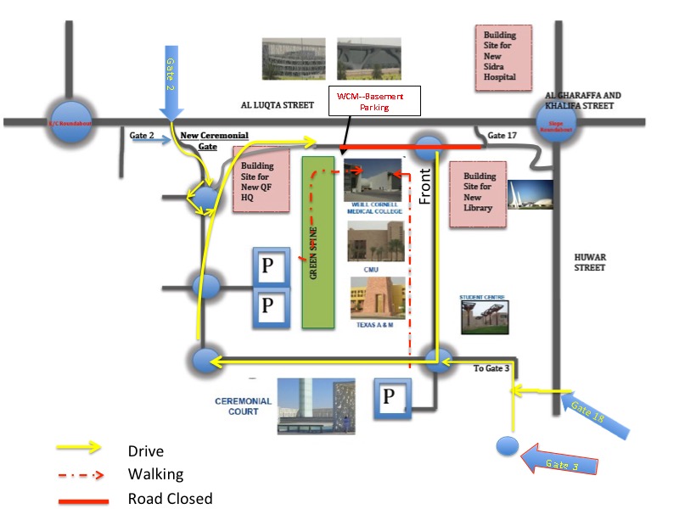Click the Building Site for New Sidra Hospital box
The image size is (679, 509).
(x=502, y=57)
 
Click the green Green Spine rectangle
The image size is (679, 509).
(x=318, y=242)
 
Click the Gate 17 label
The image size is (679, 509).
(x=502, y=136)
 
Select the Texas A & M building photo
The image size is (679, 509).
(x=377, y=298)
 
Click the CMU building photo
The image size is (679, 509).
(x=374, y=242)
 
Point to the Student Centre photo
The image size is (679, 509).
(x=482, y=316)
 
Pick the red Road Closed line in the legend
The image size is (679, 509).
(x=83, y=501)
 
